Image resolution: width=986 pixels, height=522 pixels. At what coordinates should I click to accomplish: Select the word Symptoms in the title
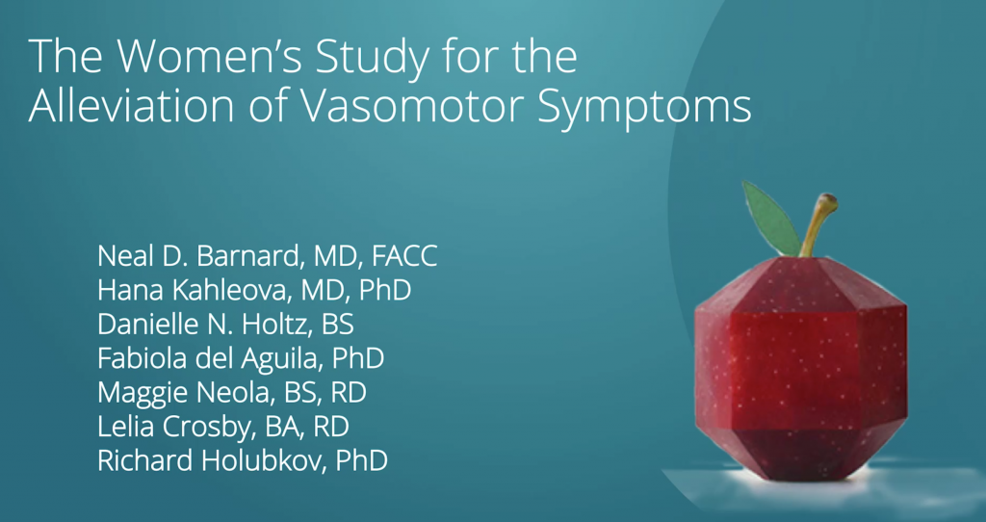pos(644,109)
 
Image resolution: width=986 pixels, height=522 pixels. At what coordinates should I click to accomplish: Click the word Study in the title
pos(373,59)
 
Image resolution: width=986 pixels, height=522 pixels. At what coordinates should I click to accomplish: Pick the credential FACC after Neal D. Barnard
pos(404,256)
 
